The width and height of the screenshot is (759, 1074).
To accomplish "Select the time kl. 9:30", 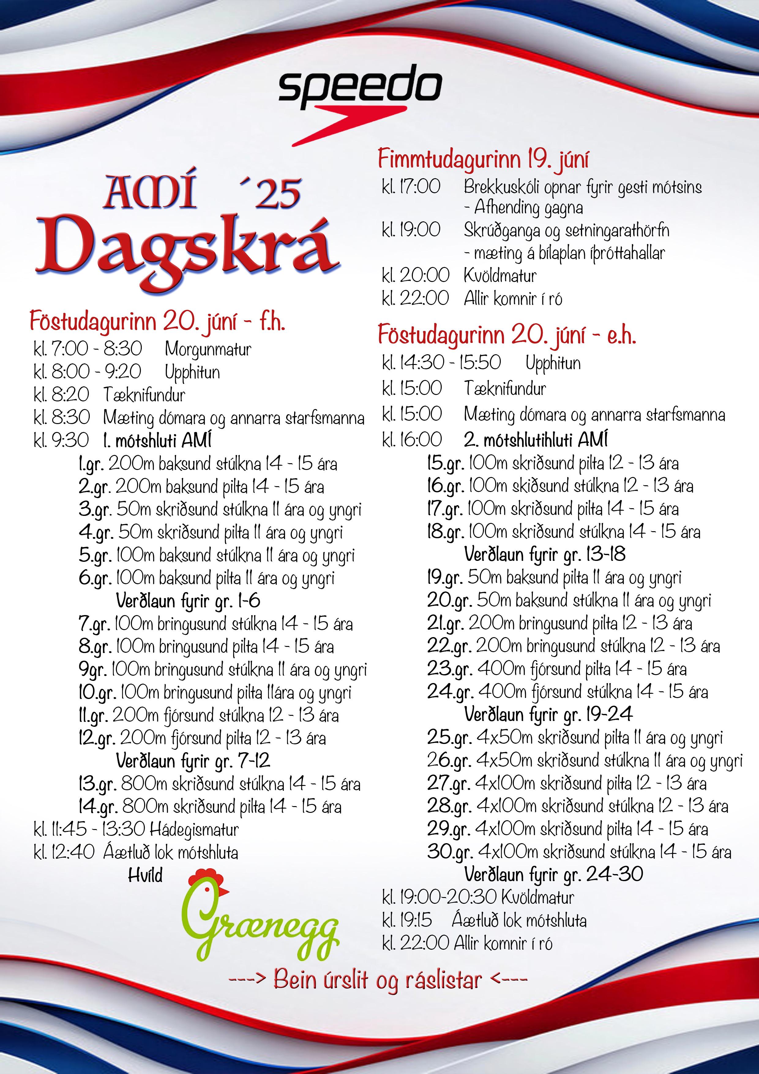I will (61, 440).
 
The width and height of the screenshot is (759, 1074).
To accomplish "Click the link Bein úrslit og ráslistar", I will (377, 979).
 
